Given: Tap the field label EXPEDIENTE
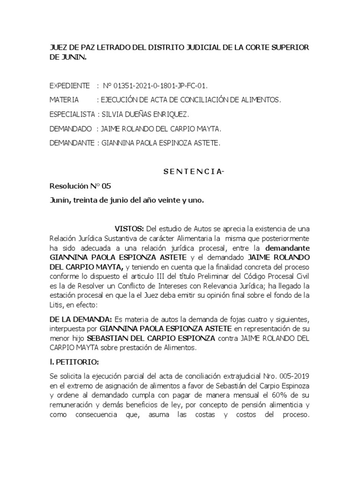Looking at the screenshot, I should click(x=69, y=86).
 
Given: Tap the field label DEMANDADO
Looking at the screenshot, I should click(x=70, y=128).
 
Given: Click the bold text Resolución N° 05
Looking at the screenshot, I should click(x=80, y=186).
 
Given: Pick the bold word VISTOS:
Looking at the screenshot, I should click(x=129, y=229).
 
